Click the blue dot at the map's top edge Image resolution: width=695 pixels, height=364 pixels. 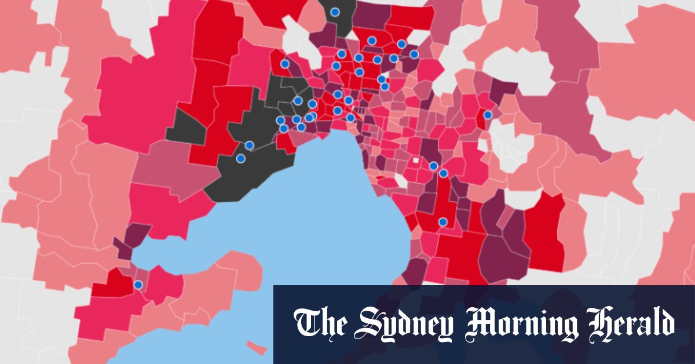tap(335, 12)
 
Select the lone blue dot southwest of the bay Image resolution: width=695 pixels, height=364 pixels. tap(138, 285)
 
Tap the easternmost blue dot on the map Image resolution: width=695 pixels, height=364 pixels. tap(488, 115)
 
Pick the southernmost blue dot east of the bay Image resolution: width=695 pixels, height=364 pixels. tap(443, 222)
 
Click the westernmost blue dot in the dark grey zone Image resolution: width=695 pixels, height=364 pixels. tap(241, 158)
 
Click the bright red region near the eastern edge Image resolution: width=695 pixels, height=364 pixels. tap(544, 232)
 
